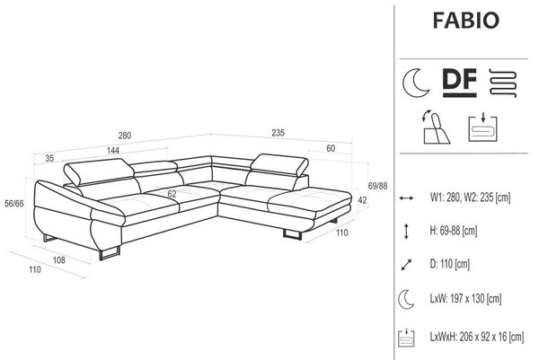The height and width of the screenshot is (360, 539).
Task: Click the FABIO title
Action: [465, 21]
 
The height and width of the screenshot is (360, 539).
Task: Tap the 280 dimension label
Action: [125, 136]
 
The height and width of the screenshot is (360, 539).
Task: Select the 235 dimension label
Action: [278, 133]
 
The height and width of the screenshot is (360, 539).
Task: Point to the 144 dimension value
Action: [113, 151]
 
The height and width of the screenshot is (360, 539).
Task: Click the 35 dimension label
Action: [49, 158]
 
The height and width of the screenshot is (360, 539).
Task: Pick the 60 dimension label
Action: [331, 148]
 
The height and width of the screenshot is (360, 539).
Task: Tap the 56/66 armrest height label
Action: [14, 204]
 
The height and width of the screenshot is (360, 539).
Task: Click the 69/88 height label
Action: [377, 186]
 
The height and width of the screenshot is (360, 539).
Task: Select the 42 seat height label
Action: [362, 200]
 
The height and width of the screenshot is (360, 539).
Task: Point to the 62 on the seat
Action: [172, 194]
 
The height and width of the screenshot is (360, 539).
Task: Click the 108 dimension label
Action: [59, 260]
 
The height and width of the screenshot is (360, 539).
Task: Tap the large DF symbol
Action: [460, 83]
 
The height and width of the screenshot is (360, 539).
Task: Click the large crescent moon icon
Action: [416, 83]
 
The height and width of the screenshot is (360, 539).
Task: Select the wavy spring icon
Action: [502, 83]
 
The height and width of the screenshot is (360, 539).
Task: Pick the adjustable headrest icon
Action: [436, 127]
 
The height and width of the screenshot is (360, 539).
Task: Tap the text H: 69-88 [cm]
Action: [454, 231]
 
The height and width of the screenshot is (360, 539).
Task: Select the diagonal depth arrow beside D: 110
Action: [406, 265]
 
